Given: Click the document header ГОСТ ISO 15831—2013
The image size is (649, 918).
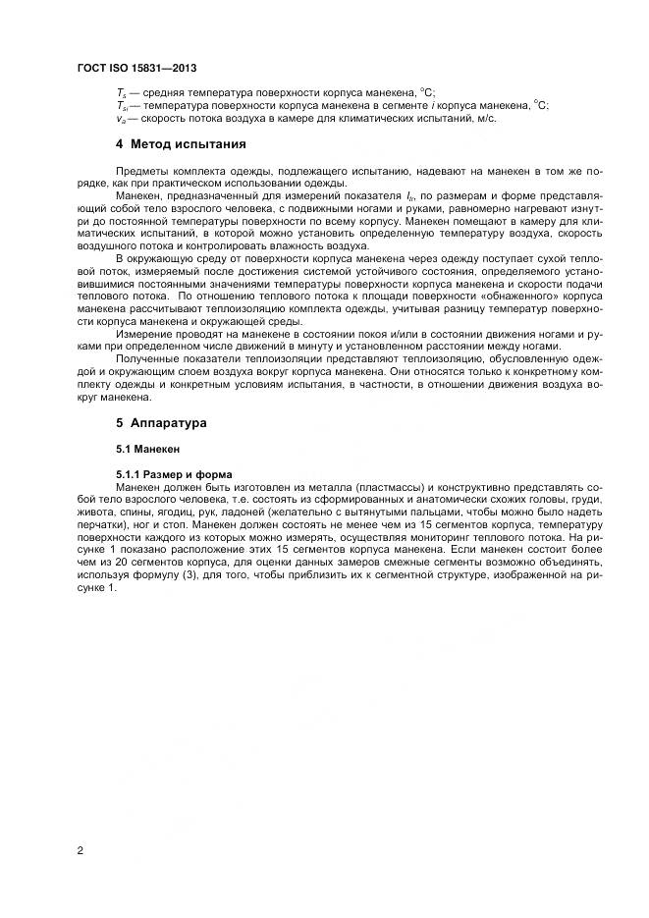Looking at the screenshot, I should (x=135, y=68).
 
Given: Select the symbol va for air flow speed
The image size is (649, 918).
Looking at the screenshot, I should (x=120, y=118).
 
